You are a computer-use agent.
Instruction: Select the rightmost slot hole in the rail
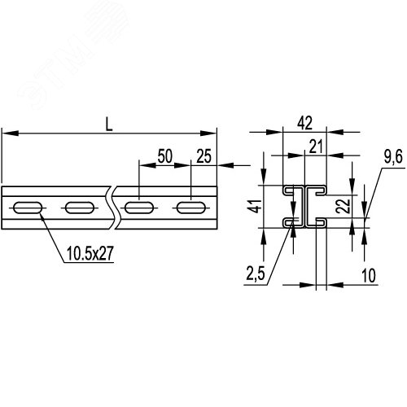(191, 208)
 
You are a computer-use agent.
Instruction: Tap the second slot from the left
(80, 208)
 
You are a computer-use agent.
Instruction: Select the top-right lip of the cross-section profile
(321, 191)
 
